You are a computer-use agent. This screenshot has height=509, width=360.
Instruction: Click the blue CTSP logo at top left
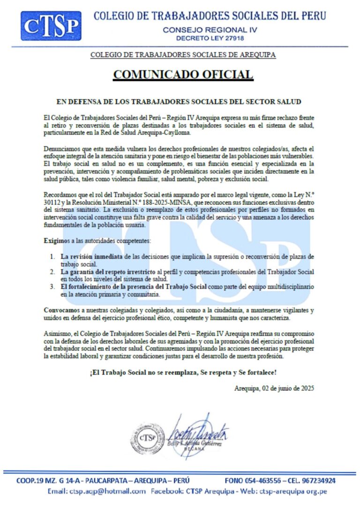point(51,26)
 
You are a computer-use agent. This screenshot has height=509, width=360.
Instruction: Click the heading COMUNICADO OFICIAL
point(183,75)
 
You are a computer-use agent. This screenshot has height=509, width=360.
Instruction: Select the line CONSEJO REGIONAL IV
point(210,30)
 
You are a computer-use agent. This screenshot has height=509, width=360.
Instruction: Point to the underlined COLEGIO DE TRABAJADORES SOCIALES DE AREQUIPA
point(183,55)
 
